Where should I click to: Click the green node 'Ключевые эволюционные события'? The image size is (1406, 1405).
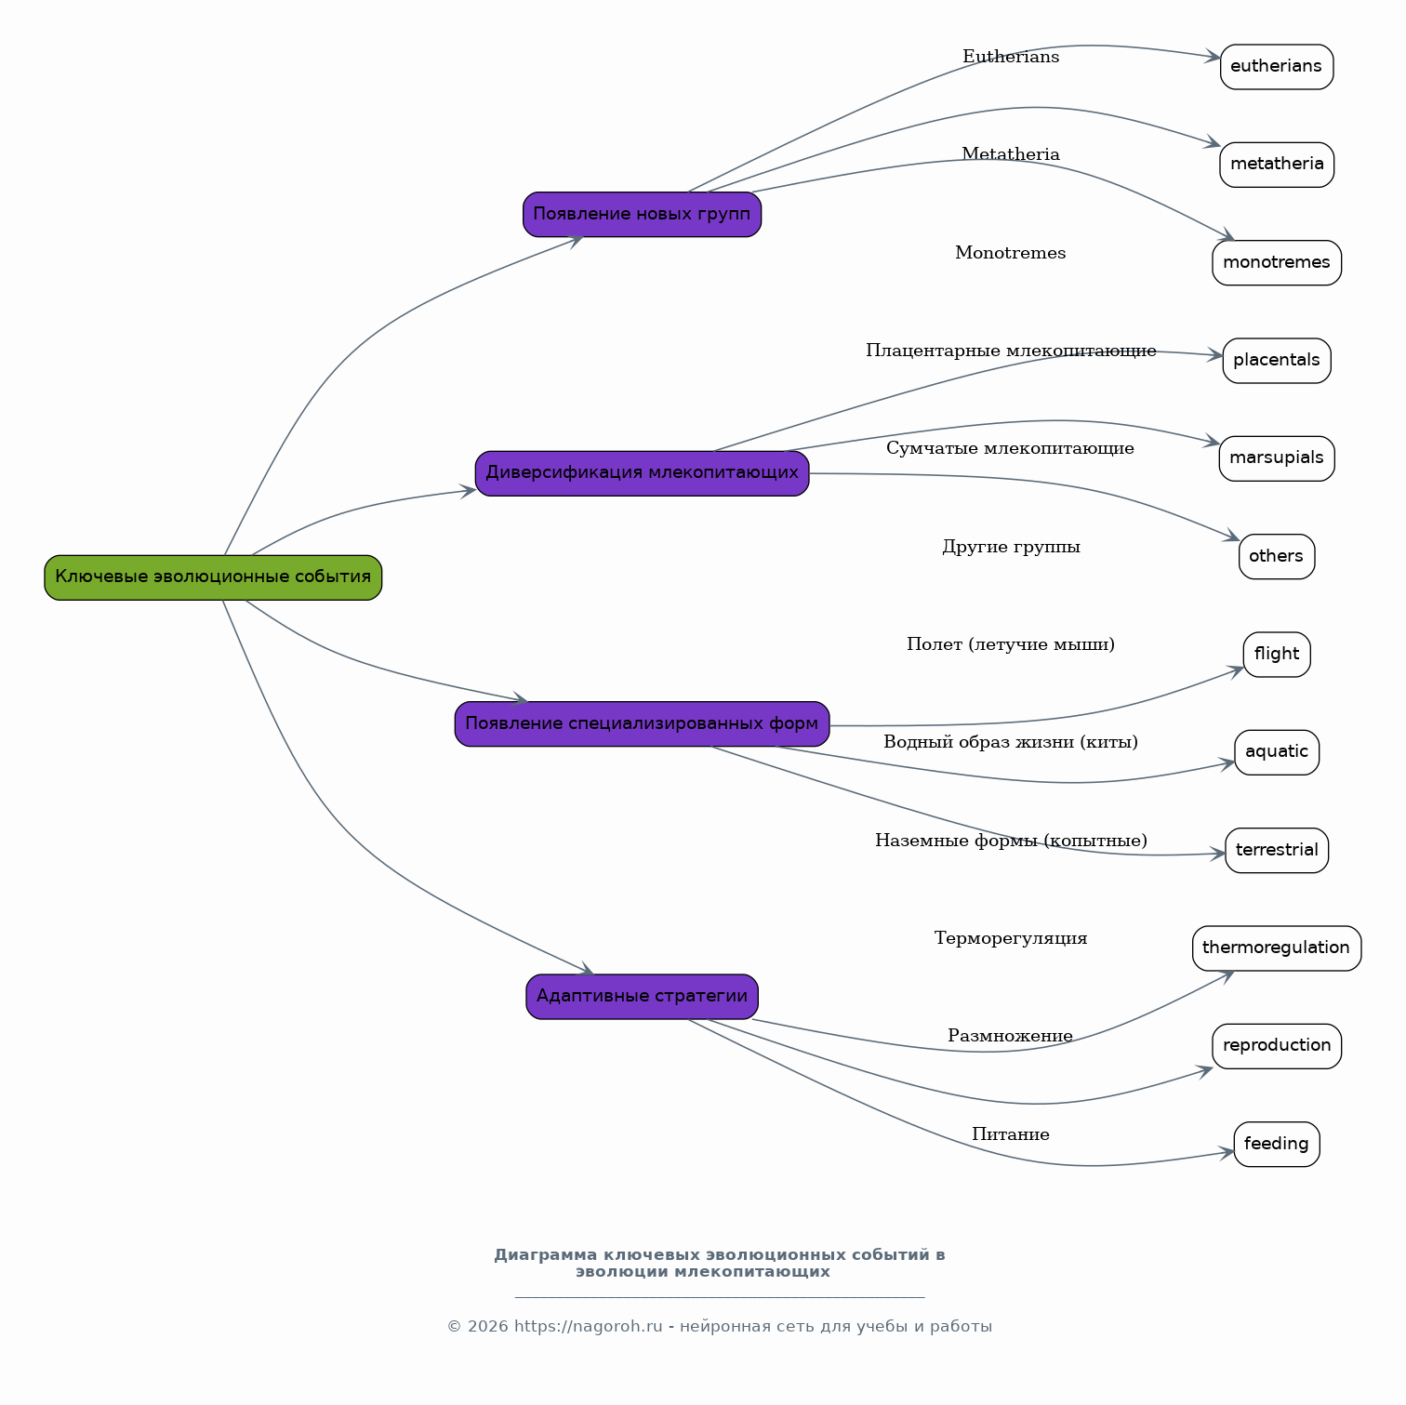[213, 577]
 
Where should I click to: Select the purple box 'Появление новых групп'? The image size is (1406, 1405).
[642, 215]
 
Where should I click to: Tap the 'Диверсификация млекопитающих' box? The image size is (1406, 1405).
[642, 473]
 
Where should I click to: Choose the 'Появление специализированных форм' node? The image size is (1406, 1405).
[642, 724]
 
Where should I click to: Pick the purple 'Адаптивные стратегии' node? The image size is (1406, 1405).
[642, 997]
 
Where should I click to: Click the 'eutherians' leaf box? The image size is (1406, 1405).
[1277, 67]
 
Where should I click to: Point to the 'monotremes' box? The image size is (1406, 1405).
[1277, 263]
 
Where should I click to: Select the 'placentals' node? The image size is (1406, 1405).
[1277, 361]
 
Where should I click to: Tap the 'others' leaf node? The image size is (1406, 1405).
[1277, 557]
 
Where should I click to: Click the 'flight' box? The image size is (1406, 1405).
[1277, 655]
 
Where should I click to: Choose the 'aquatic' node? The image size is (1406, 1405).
[1277, 752]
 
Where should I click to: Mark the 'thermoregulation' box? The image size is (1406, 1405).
[1277, 948]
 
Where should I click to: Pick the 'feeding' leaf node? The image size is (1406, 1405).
[1277, 1145]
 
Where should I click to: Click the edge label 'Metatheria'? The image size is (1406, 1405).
[1011, 154]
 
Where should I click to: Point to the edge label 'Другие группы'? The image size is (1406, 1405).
[1011, 547]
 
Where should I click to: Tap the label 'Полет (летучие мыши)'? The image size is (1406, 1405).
[1011, 644]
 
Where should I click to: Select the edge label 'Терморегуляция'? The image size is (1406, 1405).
[1011, 938]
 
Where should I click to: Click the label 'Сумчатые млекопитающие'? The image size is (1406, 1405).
[1010, 448]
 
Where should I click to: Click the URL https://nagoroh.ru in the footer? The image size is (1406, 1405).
[588, 1327]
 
